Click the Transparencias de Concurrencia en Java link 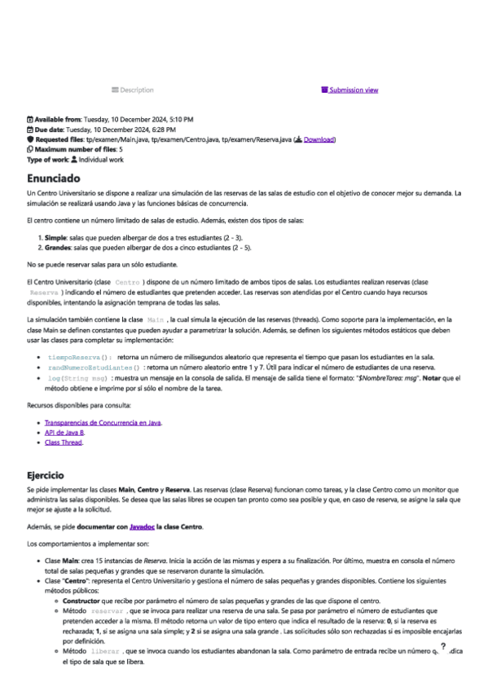103,422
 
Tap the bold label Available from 58,120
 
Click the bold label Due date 49,130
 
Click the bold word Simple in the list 55,235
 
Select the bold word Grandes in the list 59,245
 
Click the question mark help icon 442,646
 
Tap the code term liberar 105,652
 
